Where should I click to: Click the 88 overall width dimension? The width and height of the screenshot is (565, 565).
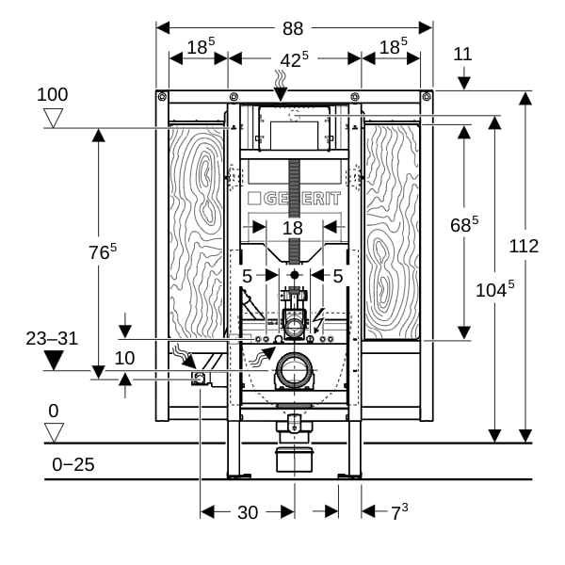(293, 28)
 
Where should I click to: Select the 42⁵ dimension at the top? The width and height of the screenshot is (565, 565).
(294, 59)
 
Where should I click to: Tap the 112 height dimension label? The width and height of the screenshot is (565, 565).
(524, 247)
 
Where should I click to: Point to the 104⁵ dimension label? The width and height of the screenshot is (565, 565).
(494, 289)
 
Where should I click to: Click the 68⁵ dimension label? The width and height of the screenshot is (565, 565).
(464, 224)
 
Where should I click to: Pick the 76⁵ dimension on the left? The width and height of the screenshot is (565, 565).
(103, 251)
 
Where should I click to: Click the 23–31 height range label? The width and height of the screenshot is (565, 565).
(52, 339)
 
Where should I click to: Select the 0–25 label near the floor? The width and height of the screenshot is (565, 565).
(73, 464)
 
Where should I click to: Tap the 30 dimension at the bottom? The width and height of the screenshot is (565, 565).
(248, 512)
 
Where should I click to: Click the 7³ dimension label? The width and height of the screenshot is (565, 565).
(399, 512)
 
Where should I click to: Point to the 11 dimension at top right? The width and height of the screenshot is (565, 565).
(462, 55)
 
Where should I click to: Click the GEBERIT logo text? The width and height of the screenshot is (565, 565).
(294, 199)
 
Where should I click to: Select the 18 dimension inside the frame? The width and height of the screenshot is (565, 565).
(292, 228)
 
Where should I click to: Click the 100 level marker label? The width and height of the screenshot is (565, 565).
(52, 94)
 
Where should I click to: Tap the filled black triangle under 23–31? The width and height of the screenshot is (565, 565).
(54, 361)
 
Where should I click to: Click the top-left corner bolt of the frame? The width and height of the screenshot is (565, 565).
(162, 96)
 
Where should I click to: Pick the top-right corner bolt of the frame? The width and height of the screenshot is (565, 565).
(427, 96)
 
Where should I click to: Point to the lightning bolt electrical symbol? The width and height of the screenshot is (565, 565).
(318, 320)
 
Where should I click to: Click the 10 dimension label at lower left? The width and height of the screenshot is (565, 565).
(124, 358)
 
